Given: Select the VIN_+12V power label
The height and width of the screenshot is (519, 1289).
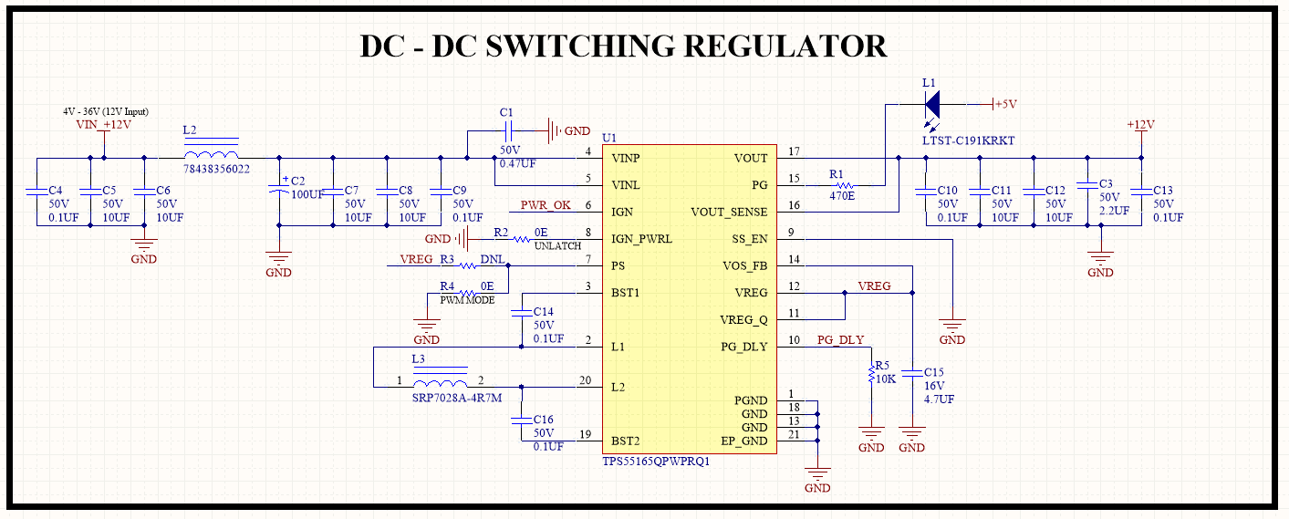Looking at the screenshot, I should [x=103, y=125].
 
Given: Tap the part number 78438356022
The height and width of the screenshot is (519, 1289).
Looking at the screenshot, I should [x=217, y=170].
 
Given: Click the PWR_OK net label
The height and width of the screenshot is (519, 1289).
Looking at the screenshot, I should [x=546, y=205].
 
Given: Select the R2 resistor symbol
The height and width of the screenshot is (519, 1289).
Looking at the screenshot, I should [x=521, y=239].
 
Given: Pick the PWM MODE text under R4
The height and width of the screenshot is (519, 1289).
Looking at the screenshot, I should [x=467, y=300].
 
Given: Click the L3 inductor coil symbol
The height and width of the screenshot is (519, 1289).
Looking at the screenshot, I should [x=440, y=382].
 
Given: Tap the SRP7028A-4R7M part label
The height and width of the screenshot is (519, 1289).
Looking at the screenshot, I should [x=457, y=398].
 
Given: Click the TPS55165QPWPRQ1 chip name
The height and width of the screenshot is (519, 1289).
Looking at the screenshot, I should [x=656, y=462].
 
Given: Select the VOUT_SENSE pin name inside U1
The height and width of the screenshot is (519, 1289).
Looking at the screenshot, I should [x=729, y=213].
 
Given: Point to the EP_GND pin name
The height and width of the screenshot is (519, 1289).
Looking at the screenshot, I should [x=744, y=441].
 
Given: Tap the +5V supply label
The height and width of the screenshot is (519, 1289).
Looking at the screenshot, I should [x=1005, y=105].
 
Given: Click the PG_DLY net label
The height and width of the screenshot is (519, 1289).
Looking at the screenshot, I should [x=839, y=340].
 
